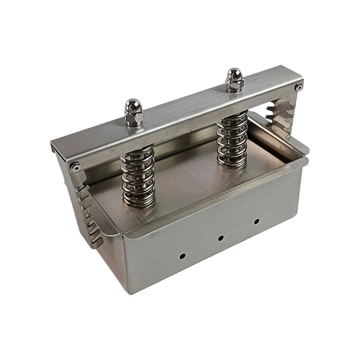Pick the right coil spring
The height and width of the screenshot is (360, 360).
click(x=232, y=140)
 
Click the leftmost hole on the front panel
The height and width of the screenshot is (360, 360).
click(x=182, y=255)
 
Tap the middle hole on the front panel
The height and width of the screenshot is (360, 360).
click(x=221, y=238)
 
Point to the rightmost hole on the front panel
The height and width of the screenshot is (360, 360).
click(x=256, y=222)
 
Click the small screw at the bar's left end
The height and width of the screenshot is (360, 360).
click(x=75, y=167)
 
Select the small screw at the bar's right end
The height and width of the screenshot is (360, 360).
click(x=298, y=86)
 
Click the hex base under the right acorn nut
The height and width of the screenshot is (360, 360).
click(x=234, y=86)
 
